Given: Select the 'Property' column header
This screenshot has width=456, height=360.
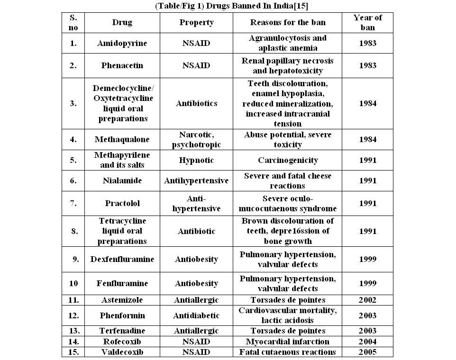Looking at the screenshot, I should tap(196, 23).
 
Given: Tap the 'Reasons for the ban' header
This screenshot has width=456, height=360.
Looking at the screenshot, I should tap(288, 23).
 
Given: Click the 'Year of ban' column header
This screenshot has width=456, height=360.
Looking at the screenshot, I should tap(367, 23).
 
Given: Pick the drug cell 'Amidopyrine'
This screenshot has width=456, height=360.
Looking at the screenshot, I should tap(122, 44).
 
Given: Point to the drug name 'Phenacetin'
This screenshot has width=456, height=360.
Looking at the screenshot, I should tap(122, 66).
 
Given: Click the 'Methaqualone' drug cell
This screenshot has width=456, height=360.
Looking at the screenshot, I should tap(122, 140).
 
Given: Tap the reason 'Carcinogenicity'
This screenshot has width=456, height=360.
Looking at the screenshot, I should tap(288, 161).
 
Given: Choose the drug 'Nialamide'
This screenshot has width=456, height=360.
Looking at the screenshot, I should tap(122, 180).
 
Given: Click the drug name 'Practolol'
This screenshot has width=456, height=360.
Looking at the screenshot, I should tap(122, 204).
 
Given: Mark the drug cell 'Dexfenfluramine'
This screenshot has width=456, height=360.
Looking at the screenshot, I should tap(122, 259).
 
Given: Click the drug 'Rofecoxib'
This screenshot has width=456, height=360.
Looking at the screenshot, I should tap(122, 342).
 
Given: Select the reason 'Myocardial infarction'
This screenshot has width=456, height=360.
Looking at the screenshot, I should tap(288, 342).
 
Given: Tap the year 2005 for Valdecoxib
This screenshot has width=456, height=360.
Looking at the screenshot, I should tap(367, 352).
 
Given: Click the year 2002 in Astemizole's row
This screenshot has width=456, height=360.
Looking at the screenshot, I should tap(367, 300).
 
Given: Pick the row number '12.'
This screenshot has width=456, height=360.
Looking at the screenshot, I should tap(73, 315).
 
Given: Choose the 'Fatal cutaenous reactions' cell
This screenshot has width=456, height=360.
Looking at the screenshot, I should tap(288, 352).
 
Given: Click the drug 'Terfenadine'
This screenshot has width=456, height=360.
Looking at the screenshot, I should tap(122, 331).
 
